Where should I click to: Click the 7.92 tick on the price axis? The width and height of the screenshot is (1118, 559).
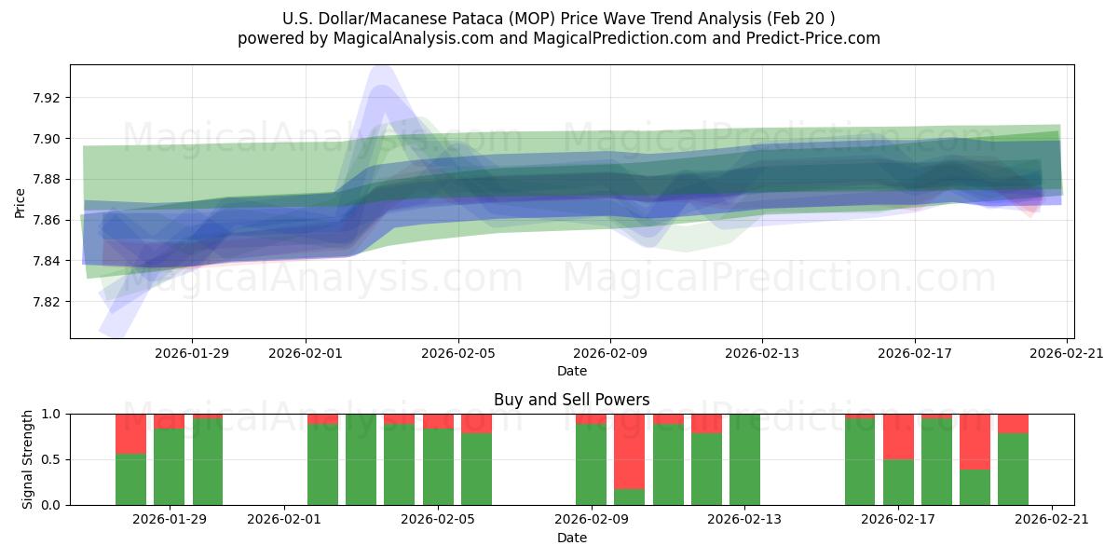[47, 98]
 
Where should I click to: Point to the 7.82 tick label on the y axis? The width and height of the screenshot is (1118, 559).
[47, 302]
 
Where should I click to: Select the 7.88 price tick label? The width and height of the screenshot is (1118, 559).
[47, 179]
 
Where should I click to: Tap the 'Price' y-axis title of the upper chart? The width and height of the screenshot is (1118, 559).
[20, 202]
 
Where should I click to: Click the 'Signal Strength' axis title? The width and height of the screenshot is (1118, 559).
[27, 459]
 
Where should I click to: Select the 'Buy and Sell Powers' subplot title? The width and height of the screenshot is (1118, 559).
[571, 400]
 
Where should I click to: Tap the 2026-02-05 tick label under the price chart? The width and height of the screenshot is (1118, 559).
[457, 353]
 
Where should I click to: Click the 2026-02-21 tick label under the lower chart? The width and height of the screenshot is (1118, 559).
[1051, 519]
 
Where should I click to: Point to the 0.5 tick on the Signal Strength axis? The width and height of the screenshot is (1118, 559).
[51, 459]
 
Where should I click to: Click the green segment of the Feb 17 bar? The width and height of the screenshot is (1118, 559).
[898, 482]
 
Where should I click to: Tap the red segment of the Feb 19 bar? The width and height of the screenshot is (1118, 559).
[975, 441]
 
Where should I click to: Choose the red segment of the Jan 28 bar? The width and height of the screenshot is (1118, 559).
[130, 433]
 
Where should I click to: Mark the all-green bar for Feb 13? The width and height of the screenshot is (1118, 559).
[744, 459]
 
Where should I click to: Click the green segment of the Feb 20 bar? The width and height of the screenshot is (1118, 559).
[1013, 469]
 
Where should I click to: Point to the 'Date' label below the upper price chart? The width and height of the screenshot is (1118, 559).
[571, 371]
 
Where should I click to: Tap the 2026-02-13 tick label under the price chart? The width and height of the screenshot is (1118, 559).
[762, 353]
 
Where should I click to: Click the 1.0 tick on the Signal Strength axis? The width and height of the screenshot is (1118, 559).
[51, 414]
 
